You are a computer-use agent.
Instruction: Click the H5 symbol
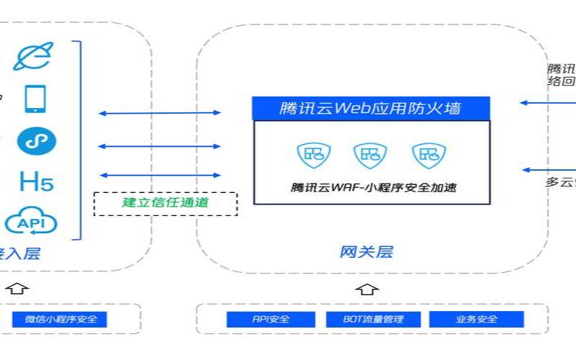click(36, 181)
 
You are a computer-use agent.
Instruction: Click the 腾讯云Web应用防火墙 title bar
click(371, 109)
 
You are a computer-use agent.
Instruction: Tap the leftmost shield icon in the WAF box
click(314, 153)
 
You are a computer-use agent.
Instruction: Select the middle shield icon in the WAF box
click(370, 153)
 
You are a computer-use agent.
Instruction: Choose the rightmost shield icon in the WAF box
click(428, 153)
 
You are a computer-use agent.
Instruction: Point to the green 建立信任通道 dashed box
click(165, 203)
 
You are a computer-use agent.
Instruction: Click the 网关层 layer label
click(366, 252)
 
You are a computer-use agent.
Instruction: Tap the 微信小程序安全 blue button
click(60, 319)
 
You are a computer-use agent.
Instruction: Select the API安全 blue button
click(271, 319)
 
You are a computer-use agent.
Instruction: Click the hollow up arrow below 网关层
click(366, 289)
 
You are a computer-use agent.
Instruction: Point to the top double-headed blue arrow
click(160, 113)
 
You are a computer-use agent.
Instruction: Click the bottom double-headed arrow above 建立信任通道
click(160, 175)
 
